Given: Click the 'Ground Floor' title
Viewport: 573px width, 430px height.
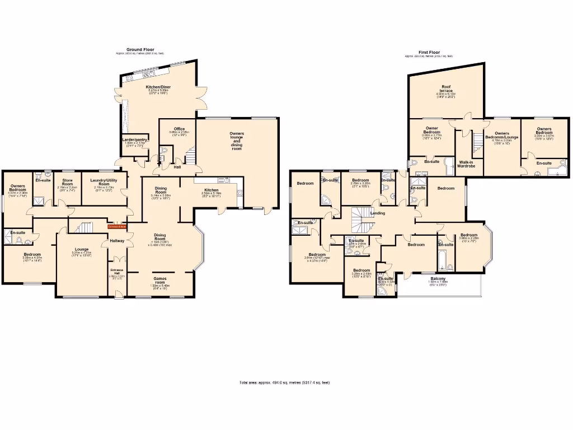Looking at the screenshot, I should coord(140,49).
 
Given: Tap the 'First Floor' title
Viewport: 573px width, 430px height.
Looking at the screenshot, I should coord(429,53).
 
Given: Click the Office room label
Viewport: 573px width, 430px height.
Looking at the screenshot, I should coord(179,129).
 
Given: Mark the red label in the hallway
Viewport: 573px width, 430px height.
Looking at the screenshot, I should coord(117,227).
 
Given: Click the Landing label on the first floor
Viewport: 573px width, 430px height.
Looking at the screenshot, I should coord(378,212).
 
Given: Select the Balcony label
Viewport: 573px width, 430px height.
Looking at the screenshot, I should coord(438,279).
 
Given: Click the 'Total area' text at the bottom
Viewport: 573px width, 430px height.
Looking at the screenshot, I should coord(284,382).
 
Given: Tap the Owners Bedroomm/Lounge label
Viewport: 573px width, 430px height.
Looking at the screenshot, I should coord(501,135).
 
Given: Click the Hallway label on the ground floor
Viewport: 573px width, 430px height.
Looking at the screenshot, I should coord(118,241).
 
